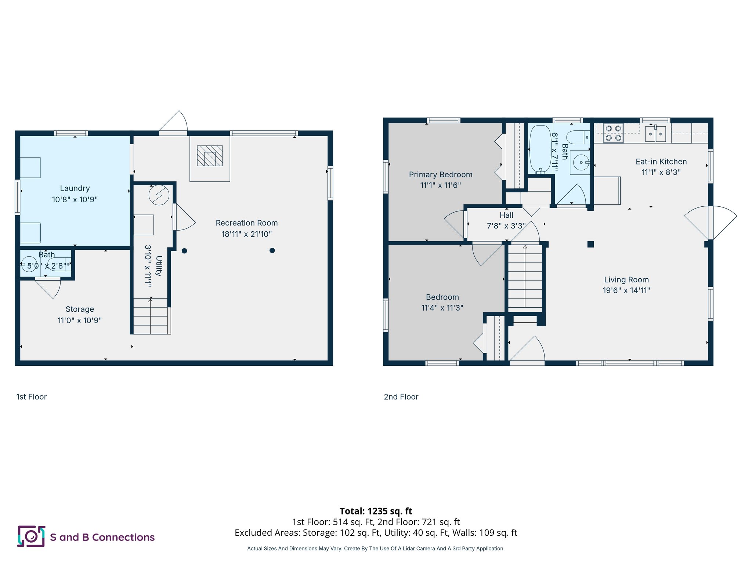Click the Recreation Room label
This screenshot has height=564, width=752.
pyautogui.click(x=246, y=223)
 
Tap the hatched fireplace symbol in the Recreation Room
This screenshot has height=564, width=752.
pyautogui.click(x=210, y=156)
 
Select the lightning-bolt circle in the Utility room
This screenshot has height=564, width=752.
pyautogui.click(x=159, y=195)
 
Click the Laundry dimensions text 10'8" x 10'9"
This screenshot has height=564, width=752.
pyautogui.click(x=75, y=199)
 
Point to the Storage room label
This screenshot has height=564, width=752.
pyautogui.click(x=80, y=309)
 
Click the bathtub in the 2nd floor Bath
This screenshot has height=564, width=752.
pyautogui.click(x=540, y=149)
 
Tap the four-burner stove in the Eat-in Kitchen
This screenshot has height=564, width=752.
pyautogui.click(x=613, y=133)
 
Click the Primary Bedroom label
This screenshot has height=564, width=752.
pyautogui.click(x=440, y=175)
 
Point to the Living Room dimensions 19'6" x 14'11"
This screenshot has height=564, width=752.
pyautogui.click(x=626, y=290)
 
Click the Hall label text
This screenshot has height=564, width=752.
pyautogui.click(x=506, y=216)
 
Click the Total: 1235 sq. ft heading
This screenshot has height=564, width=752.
pyautogui.click(x=376, y=511)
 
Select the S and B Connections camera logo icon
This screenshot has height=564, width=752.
pyautogui.click(x=31, y=536)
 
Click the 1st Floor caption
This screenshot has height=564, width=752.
pyautogui.click(x=32, y=397)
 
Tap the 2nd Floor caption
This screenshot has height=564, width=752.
pyautogui.click(x=401, y=397)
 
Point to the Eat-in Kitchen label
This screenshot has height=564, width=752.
pyautogui.click(x=661, y=162)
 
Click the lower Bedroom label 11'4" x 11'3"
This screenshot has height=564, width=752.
pyautogui.click(x=442, y=303)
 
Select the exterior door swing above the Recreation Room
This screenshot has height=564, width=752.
pyautogui.click(x=174, y=122)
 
